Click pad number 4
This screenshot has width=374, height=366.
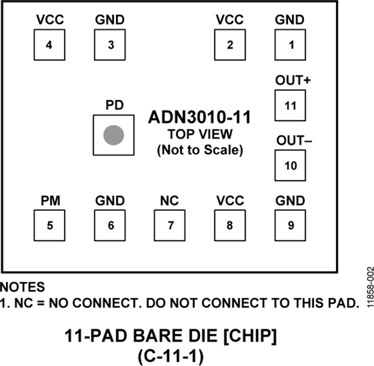coord(49,45)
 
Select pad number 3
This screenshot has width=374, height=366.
coord(110,45)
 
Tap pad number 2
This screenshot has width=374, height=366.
coord(230,45)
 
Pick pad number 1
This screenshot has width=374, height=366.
coord(290,45)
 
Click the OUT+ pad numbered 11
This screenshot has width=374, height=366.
coord(290,106)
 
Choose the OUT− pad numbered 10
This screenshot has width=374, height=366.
coord(290,165)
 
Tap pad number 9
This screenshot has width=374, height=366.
coord(290,225)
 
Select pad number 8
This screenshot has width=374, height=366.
coord(230,225)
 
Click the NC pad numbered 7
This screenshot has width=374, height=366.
coord(170,225)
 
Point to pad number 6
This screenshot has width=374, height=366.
coord(110,225)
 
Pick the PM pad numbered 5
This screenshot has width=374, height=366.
coord(49,225)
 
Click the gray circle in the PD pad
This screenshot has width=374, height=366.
coord(113,135)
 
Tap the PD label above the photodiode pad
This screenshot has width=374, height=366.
coord(114,105)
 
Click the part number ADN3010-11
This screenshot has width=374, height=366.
coord(199,118)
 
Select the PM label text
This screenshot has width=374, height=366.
coord(51,201)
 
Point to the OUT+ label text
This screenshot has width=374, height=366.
coord(293,81)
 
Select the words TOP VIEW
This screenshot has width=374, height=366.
coord(200,135)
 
